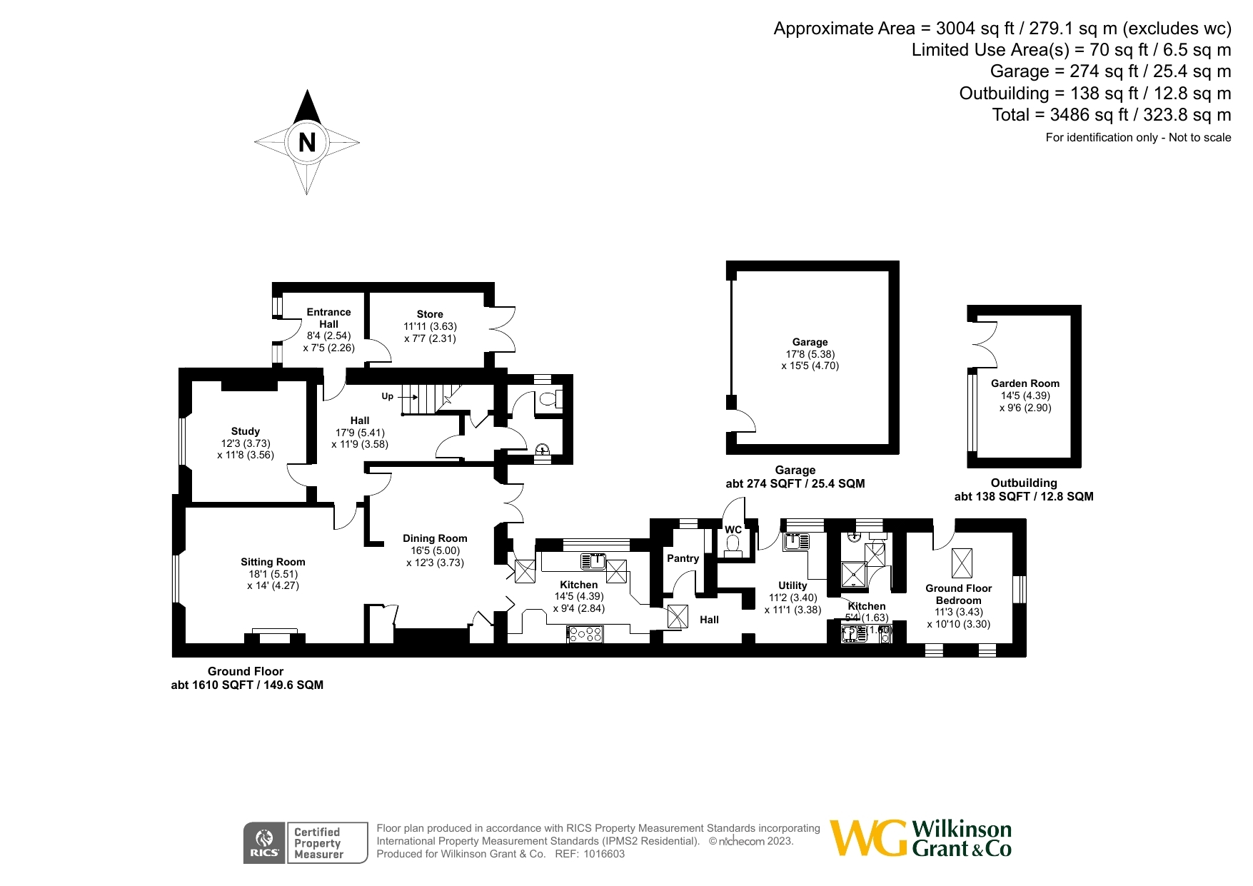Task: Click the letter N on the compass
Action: pos(307,143)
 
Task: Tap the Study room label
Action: pos(245,431)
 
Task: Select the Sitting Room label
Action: pos(273,562)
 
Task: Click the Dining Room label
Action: pos(435,538)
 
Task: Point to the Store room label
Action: pos(430,314)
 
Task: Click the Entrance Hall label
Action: pos(328,318)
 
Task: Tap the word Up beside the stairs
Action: pos(387,396)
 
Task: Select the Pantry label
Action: pos(683,558)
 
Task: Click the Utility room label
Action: pos(792,585)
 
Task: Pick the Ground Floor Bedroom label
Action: pos(959,594)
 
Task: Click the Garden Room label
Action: pos(1025,383)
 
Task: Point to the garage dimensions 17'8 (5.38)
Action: pos(810,354)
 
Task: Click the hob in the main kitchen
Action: pos(585,633)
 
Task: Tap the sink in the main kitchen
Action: pos(593,561)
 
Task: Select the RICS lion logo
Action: pos(265,843)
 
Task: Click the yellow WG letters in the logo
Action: pos(868,838)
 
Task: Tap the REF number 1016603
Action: pos(604,854)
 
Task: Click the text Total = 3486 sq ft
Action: pos(1060,115)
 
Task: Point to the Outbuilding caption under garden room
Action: pos(1024,483)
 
